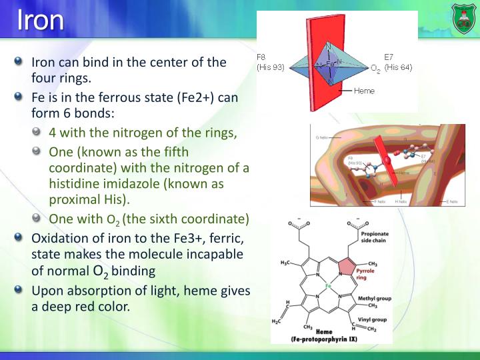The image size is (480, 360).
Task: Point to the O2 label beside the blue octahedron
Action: click(375, 69)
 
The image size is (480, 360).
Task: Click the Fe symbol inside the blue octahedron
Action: click(330, 64)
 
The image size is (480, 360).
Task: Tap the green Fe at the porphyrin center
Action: click(328, 285)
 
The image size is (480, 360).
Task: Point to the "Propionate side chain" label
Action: click(374, 238)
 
